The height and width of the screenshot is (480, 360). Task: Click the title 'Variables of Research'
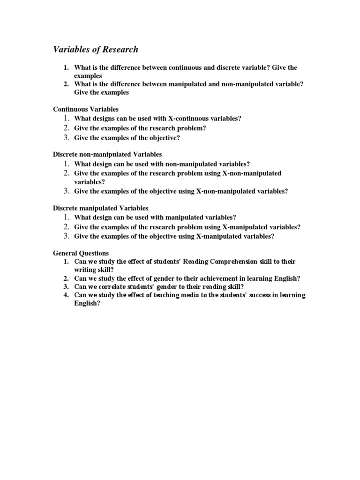(95, 49)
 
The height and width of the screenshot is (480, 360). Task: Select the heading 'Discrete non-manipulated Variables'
(107, 154)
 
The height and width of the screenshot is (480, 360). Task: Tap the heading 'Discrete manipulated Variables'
(100, 208)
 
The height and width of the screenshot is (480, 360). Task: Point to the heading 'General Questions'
(81, 253)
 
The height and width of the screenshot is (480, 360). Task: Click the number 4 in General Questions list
(67, 295)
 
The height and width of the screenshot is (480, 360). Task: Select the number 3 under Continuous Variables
(67, 137)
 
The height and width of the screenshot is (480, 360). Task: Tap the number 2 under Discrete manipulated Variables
(67, 227)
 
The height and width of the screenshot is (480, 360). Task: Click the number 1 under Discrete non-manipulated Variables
(67, 164)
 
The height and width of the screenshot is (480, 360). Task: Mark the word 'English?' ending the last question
(87, 303)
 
